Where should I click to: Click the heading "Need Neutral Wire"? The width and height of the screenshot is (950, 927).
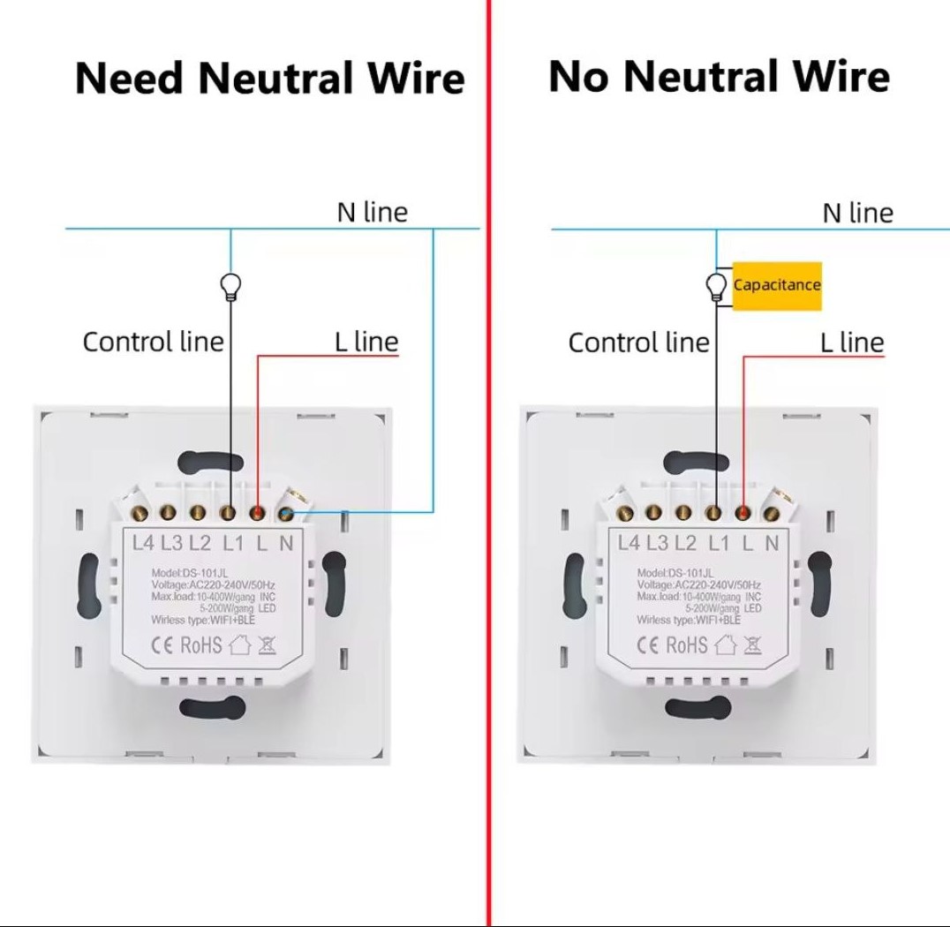click(269, 79)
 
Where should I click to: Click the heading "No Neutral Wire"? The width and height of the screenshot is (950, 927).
click(719, 77)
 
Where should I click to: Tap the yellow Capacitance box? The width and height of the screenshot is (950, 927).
click(777, 285)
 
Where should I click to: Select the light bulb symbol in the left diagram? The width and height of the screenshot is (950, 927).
click(231, 287)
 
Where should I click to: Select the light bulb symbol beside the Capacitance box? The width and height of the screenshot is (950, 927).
click(717, 287)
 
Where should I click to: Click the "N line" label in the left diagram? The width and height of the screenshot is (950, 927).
click(372, 212)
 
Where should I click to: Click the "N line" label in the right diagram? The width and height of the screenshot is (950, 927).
click(857, 213)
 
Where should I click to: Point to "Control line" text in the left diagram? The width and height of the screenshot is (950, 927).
click(153, 342)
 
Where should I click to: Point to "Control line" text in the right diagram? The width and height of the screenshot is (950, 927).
click(638, 343)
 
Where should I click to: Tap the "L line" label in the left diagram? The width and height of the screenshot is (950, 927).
click(366, 342)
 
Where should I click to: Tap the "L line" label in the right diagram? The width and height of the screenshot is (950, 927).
click(852, 343)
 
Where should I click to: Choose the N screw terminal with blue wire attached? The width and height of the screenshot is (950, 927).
click(286, 512)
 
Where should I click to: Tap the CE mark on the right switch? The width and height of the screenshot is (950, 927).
click(649, 645)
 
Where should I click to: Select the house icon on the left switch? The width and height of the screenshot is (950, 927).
click(240, 644)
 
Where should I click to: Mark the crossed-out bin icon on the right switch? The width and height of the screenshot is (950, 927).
click(752, 644)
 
